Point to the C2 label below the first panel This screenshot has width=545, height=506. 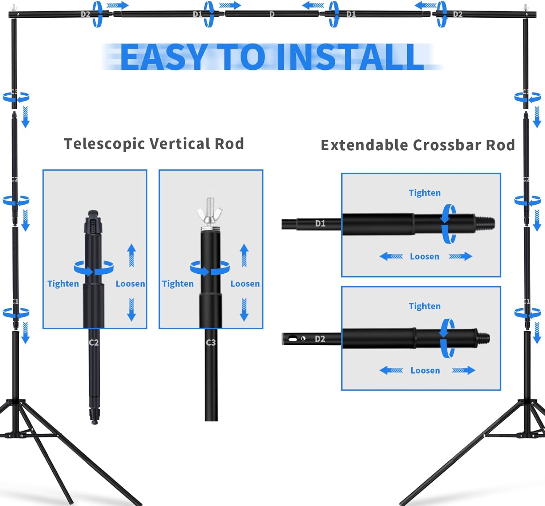coord(94,342)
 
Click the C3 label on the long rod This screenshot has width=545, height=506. coord(211,342)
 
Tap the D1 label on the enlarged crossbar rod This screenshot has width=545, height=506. coord(320,224)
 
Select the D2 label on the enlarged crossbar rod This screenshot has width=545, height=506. coord(320,339)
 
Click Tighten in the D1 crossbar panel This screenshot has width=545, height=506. coord(424,193)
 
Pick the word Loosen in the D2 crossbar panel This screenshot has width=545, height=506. coord(425,371)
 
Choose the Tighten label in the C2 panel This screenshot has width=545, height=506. coord(63,284)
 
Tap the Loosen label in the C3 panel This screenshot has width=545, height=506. coord(245,284)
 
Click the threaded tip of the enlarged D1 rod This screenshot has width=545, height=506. coord(485,223)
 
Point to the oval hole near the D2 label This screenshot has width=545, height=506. coord(292,339)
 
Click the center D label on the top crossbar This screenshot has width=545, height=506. coord(272,14)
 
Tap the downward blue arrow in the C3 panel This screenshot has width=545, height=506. coord(244,309)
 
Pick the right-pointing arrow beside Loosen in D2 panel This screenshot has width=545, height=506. coord(463,371)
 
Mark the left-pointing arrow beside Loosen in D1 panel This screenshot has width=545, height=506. coord(391,257)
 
